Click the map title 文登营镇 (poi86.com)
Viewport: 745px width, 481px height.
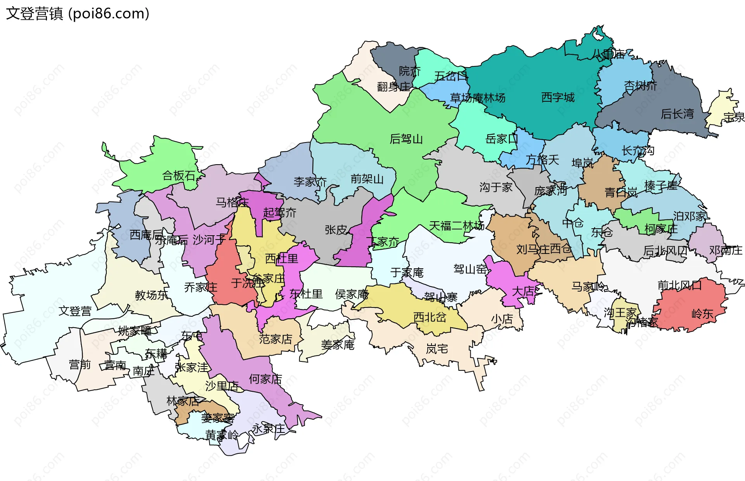click(x=78, y=14)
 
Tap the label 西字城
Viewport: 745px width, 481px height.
click(x=558, y=97)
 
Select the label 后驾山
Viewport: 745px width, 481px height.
click(x=406, y=139)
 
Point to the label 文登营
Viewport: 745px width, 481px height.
click(x=75, y=311)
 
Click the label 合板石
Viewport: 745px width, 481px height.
click(x=178, y=176)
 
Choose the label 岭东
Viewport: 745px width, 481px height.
click(x=702, y=314)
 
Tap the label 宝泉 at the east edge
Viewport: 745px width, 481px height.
click(x=734, y=117)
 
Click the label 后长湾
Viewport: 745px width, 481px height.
click(x=677, y=114)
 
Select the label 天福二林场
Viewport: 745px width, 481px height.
click(x=456, y=226)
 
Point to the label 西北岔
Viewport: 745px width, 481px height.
click(x=430, y=317)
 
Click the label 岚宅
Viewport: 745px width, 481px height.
click(x=437, y=349)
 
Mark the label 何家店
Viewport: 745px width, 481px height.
click(x=265, y=379)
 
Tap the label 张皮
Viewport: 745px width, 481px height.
click(x=336, y=230)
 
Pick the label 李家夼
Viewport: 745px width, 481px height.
click(x=310, y=182)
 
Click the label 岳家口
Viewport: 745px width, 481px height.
click(x=501, y=139)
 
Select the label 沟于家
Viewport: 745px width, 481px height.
click(x=496, y=188)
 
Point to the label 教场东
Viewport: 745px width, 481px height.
click(x=151, y=295)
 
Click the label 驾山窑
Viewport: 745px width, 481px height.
click(x=470, y=269)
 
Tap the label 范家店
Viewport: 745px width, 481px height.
click(x=275, y=339)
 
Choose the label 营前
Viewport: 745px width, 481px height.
click(x=80, y=365)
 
